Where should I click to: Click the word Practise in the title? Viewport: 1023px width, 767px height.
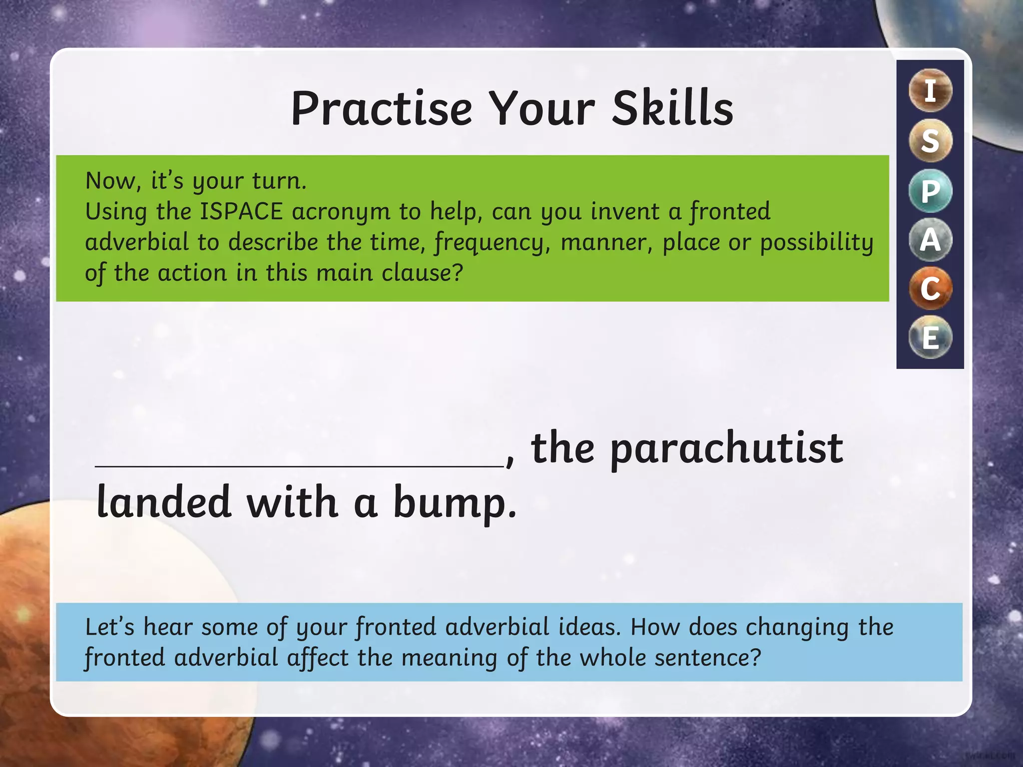(x=382, y=108)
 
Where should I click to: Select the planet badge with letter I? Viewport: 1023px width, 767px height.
(x=930, y=90)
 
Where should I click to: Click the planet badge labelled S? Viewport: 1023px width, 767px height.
(x=930, y=141)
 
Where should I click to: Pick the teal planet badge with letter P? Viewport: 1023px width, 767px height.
(x=930, y=191)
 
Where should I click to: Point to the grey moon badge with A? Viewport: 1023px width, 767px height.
(x=930, y=240)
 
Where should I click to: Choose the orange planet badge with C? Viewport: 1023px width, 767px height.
(x=930, y=289)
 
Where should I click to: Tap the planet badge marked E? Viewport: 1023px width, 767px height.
(x=930, y=338)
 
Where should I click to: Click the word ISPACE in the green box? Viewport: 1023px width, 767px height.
(x=241, y=212)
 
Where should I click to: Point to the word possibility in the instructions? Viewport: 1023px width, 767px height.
(x=817, y=243)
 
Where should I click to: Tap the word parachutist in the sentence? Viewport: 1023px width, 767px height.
(x=726, y=448)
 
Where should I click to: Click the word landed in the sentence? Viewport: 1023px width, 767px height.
(x=163, y=502)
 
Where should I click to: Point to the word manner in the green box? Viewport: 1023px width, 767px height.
(x=606, y=243)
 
